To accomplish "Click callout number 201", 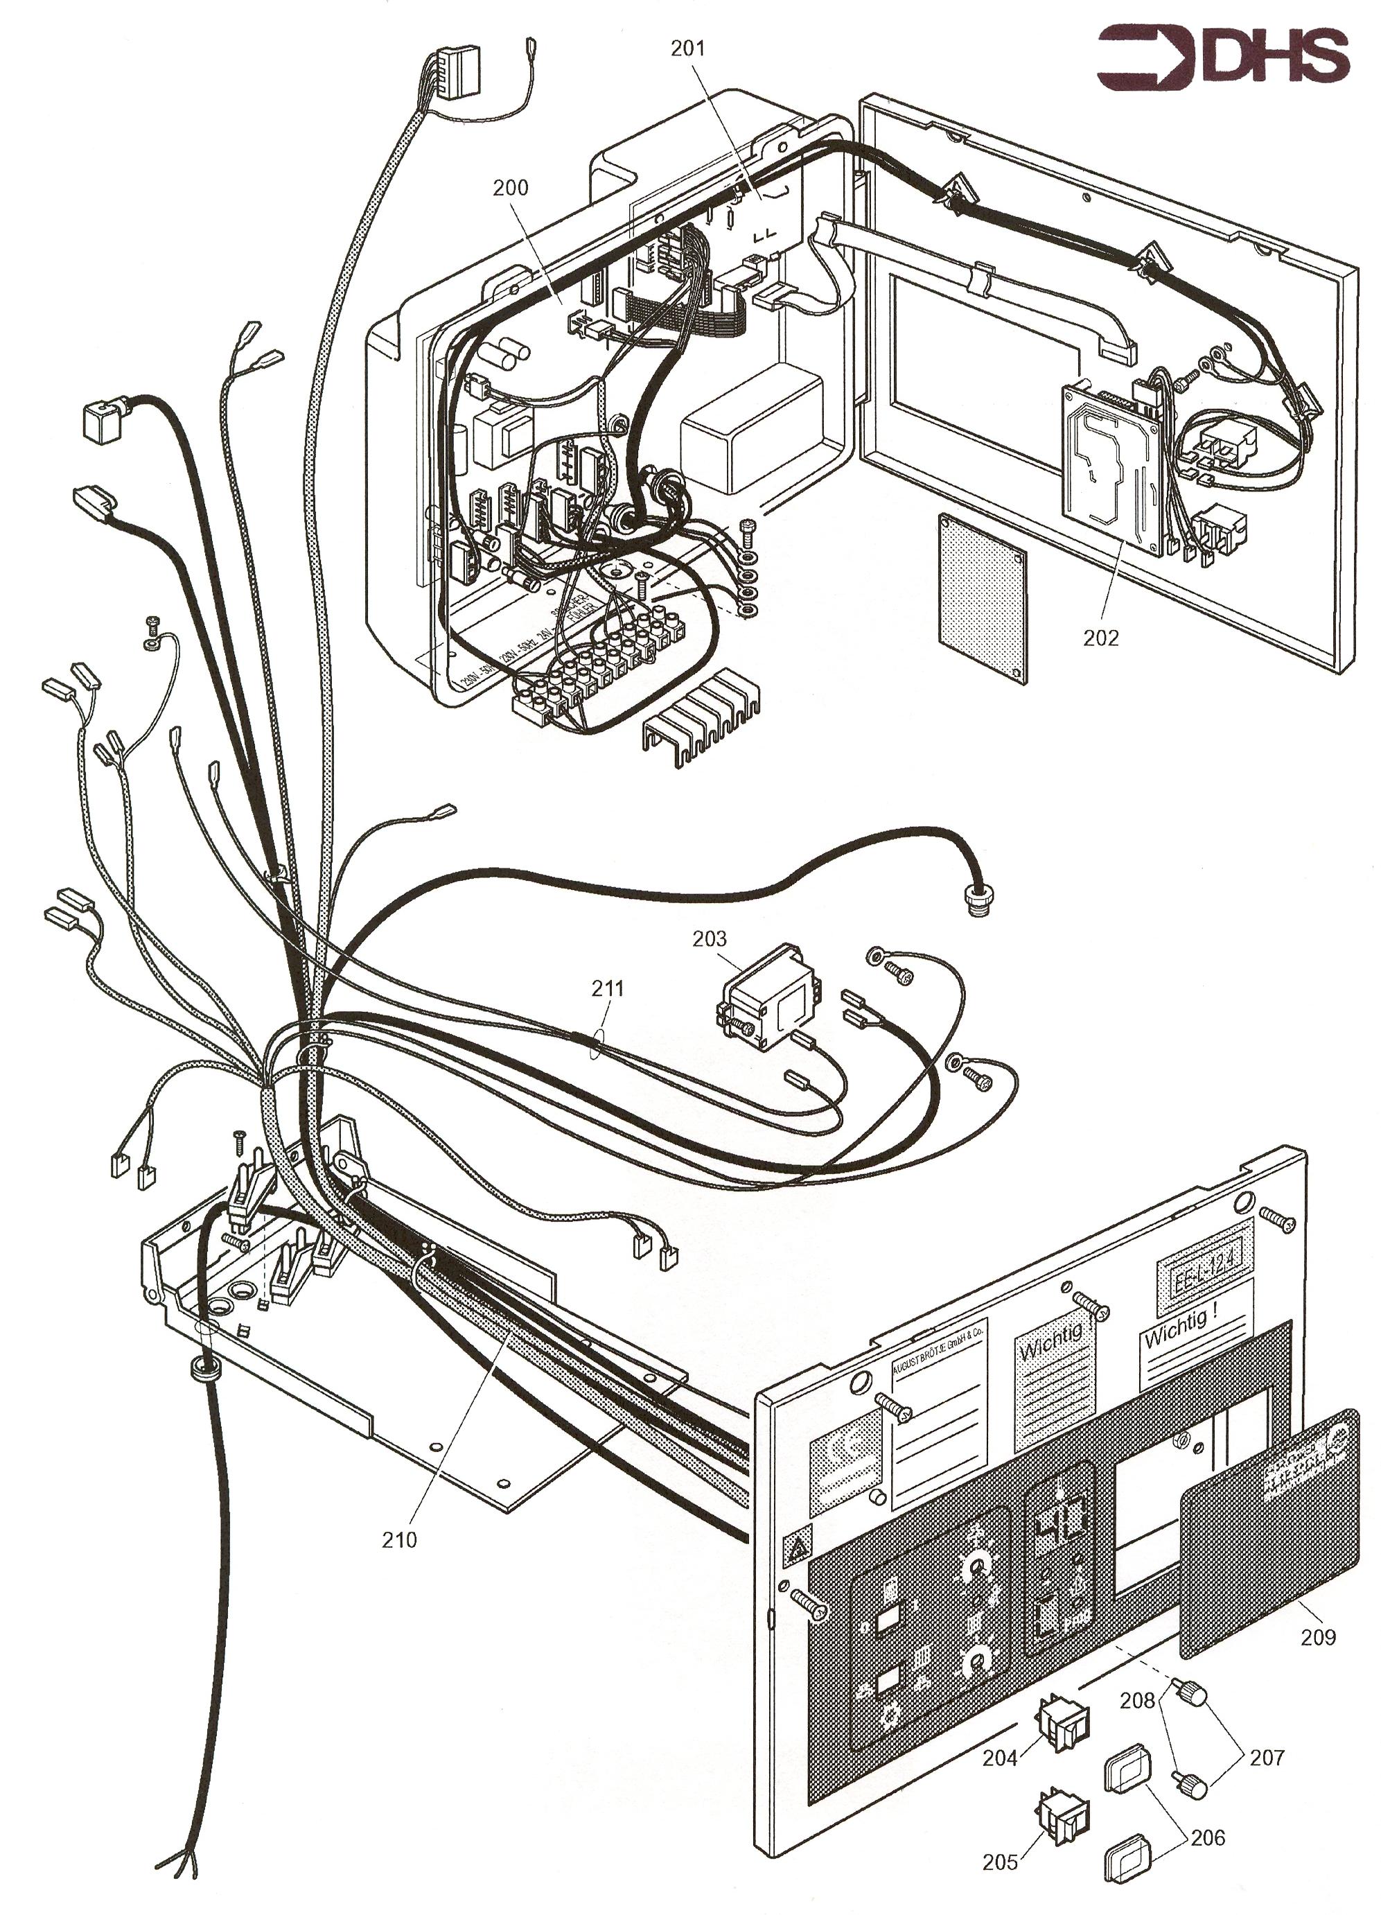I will (x=687, y=48).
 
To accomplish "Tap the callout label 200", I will (x=511, y=186).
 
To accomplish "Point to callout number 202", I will (x=1101, y=638).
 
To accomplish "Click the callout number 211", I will (x=608, y=988).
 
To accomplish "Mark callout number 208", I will (x=1136, y=1699).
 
